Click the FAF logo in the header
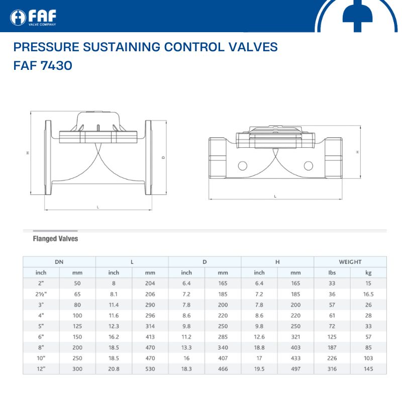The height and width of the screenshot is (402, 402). pos(33,18)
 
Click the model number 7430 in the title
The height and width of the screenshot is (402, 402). pos(56,65)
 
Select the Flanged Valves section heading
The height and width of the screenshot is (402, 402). pos(55,239)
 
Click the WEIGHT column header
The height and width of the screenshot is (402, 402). pos(350,262)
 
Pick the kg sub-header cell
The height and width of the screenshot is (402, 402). pos(368,273)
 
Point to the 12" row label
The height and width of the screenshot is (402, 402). pos(41,369)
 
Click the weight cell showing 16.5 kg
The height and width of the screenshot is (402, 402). pos(368,294)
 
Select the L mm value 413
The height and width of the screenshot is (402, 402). pos(150,337)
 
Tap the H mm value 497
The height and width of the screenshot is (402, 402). pos(295,369)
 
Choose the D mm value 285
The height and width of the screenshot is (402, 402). pos(223,337)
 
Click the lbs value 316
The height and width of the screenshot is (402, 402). pos(332,369)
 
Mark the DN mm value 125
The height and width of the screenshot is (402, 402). pos(77,326)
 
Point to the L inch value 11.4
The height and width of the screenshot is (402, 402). pos(114,305)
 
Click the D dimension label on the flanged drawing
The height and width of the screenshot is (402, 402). pos(163,158)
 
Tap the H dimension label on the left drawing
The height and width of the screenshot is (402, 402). pos(28,153)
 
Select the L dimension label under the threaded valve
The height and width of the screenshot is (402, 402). pos(275,196)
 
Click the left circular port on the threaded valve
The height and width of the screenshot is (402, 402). pos(242,166)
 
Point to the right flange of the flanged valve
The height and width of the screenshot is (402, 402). pos(148,157)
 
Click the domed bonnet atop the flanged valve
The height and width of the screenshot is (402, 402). pos(98,121)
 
